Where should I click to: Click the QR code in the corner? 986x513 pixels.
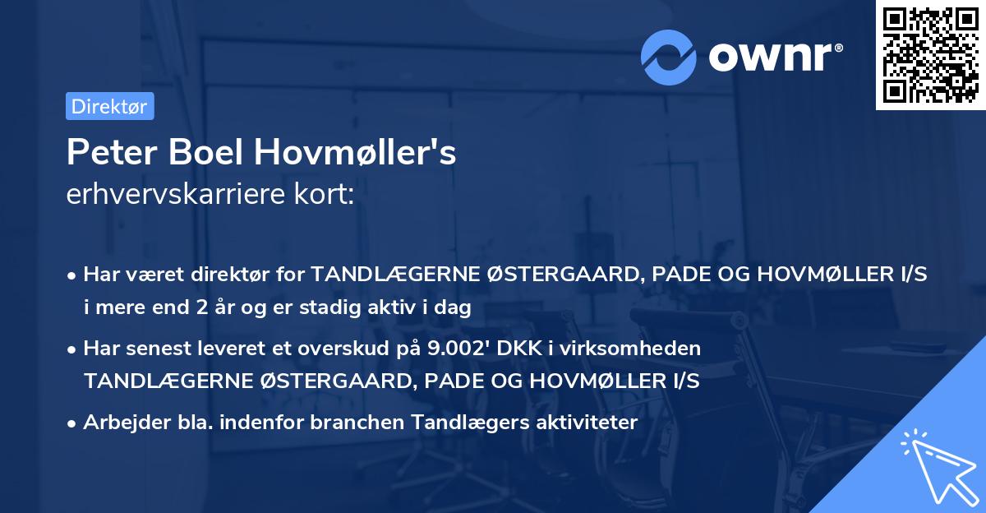coord(928,54)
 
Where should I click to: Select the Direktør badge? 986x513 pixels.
coord(109,107)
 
